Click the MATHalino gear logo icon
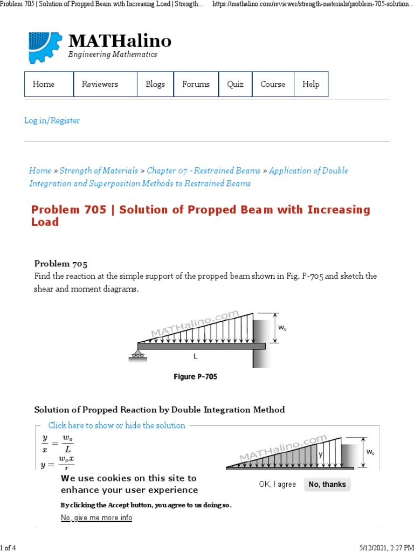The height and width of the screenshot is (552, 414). click(x=45, y=48)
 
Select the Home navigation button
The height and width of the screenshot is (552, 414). click(x=44, y=84)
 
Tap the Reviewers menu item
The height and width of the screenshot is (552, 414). click(x=100, y=84)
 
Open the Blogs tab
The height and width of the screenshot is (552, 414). click(x=155, y=84)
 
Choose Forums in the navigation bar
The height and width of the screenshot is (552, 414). click(x=196, y=84)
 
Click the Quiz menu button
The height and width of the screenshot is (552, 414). click(x=235, y=84)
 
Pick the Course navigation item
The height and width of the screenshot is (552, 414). click(x=273, y=84)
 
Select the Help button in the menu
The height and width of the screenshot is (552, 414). click(x=311, y=84)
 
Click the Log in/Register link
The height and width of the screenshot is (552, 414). click(x=52, y=121)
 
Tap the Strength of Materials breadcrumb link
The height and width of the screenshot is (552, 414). click(x=99, y=170)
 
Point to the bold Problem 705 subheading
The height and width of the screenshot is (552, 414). click(x=60, y=264)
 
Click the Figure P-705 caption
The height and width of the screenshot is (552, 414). click(x=195, y=377)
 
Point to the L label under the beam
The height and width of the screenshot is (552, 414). click(x=195, y=356)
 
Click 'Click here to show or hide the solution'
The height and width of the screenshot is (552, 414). click(x=116, y=425)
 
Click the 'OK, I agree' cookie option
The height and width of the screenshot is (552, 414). click(x=277, y=484)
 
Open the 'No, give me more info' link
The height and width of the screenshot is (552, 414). click(x=96, y=517)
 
